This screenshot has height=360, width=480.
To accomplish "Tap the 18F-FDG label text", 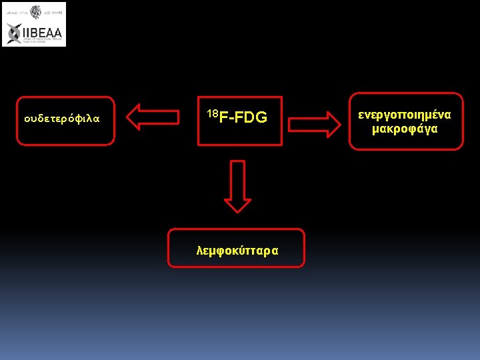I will pyautogui.click(x=237, y=117).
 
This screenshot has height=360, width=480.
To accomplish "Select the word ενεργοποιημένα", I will pyautogui.click(x=405, y=115).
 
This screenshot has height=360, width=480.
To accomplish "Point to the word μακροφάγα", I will pyautogui.click(x=405, y=129).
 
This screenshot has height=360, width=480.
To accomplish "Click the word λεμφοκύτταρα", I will pyautogui.click(x=237, y=250).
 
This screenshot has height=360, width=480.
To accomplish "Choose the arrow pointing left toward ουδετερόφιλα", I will pyautogui.click(x=155, y=117).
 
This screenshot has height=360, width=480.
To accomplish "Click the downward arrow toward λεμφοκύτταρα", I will pyautogui.click(x=237, y=186).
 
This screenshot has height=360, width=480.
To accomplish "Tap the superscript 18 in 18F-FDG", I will pyautogui.click(x=212, y=113).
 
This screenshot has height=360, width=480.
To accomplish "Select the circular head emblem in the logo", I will pyautogui.click(x=35, y=12).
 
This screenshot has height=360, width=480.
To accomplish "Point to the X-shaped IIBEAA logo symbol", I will pyautogui.click(x=14, y=33).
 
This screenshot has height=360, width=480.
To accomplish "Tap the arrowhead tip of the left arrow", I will pyautogui.click(x=129, y=117).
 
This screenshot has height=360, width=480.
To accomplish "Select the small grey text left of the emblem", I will pyautogui.click(x=16, y=12).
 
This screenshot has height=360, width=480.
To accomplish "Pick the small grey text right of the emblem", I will pyautogui.click(x=53, y=12).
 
